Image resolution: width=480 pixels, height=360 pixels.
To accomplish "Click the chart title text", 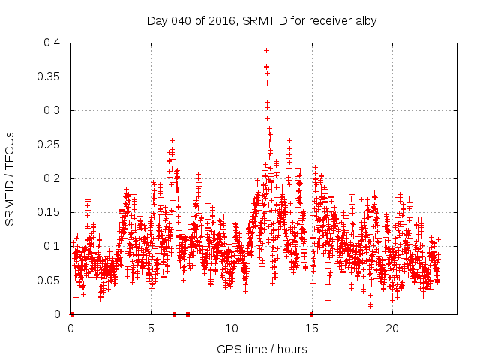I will coord(262,21).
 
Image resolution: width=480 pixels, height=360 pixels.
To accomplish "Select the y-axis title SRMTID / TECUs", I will coord(10,179).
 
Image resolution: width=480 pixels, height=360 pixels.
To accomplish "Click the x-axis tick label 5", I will coord(151,328).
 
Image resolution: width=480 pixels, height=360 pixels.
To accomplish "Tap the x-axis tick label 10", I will coord(232,328).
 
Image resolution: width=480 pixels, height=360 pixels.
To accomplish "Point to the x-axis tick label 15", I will coord(312,328).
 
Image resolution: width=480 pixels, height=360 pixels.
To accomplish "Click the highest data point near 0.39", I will coord(266,51).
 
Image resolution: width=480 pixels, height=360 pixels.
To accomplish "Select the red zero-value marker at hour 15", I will coord(311,313).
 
